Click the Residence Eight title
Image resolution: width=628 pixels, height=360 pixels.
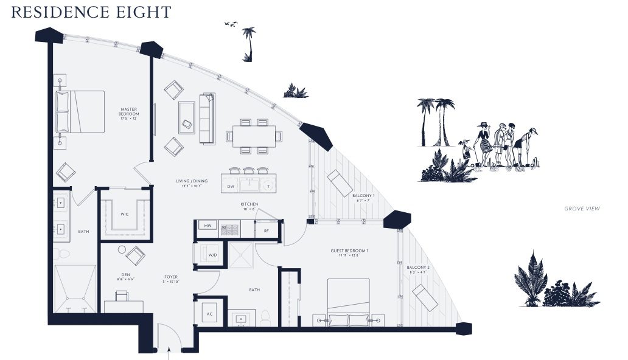[91, 12]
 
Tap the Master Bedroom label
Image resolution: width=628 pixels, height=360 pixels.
[129, 111]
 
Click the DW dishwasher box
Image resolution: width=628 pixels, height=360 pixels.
[231, 185]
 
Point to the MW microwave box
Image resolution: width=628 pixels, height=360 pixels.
[208, 226]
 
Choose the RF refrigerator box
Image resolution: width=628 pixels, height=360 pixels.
[266, 230]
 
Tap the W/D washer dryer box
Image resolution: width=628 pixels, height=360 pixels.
[212, 254]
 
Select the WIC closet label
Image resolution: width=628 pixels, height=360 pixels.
[124, 214]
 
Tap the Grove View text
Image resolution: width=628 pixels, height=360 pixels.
[582, 209]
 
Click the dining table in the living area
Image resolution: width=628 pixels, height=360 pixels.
[253, 134]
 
